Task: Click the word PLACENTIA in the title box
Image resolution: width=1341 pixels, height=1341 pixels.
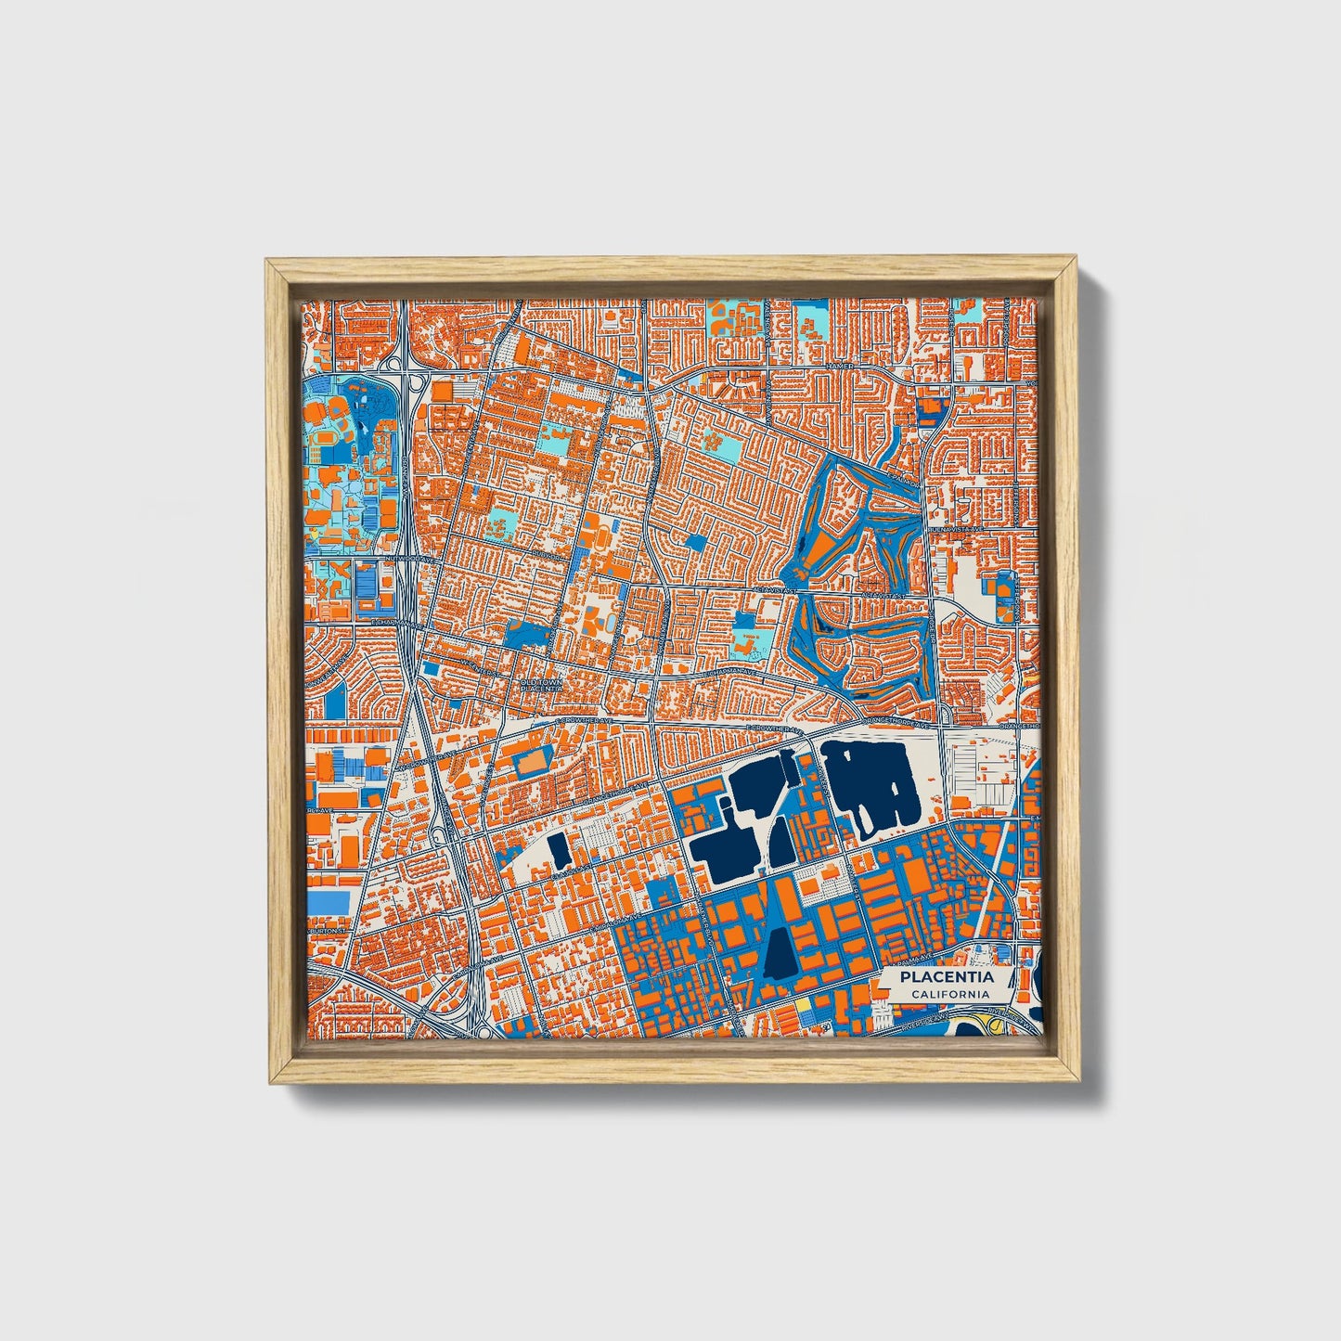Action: click(947, 976)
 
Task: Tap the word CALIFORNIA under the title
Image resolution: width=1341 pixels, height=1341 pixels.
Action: click(949, 994)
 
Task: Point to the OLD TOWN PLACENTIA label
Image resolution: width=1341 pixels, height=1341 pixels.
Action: click(541, 685)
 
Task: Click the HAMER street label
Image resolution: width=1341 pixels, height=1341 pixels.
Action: click(839, 367)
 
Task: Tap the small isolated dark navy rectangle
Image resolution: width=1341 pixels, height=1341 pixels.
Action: click(559, 847)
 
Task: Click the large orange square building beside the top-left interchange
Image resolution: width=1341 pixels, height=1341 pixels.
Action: click(443, 392)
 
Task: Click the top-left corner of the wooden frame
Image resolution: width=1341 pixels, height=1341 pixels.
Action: click(267, 262)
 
